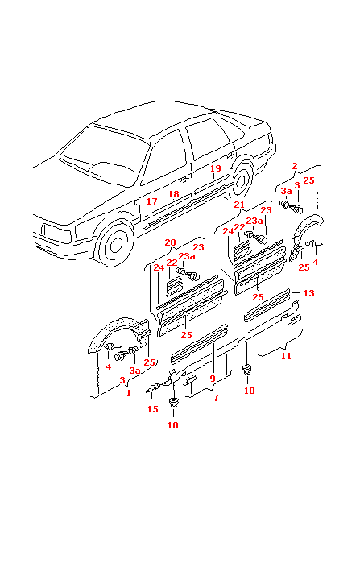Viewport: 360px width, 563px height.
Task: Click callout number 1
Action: [x=126, y=393]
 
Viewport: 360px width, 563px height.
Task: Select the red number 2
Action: [x=295, y=166]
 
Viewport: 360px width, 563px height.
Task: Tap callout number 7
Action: [x=215, y=399]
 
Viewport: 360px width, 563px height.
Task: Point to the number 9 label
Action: [x=213, y=378]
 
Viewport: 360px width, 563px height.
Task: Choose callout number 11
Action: [x=285, y=355]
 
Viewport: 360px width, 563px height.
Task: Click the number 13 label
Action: [x=308, y=293]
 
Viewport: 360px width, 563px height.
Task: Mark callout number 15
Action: [x=152, y=409]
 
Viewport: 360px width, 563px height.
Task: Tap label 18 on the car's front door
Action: [x=173, y=195]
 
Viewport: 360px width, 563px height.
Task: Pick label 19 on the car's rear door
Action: [x=215, y=168]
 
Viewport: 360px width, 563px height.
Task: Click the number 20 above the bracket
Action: [x=170, y=242]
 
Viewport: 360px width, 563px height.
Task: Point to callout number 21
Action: [x=239, y=205]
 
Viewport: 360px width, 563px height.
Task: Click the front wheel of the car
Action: [x=114, y=244]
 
